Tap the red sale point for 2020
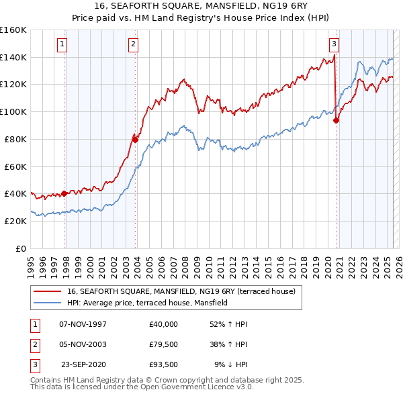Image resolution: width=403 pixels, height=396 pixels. tap(337, 120)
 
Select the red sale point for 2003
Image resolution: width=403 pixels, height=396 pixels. tap(136, 140)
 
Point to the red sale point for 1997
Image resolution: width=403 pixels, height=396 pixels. tap(64, 193)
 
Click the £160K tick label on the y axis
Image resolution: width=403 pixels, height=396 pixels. tap(13, 30)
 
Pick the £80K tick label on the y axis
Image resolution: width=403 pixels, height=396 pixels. tap(15, 139)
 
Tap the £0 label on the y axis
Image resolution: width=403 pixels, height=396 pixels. tap(21, 248)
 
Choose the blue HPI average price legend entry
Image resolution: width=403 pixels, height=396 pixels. tap(148, 303)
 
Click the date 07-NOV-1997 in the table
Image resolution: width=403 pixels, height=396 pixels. tap(83, 324)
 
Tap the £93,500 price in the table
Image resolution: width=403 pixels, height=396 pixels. tap(164, 365)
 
